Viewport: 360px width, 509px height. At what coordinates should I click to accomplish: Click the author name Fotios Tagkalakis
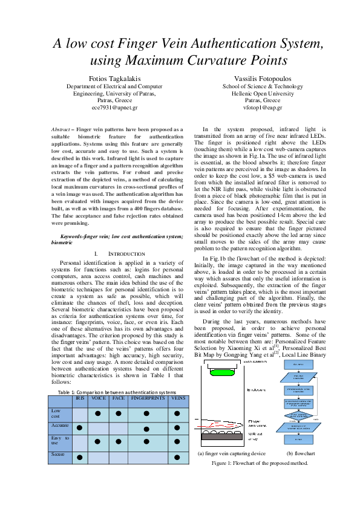tap(114, 79)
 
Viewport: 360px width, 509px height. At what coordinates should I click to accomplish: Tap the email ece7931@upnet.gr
tap(114, 108)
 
